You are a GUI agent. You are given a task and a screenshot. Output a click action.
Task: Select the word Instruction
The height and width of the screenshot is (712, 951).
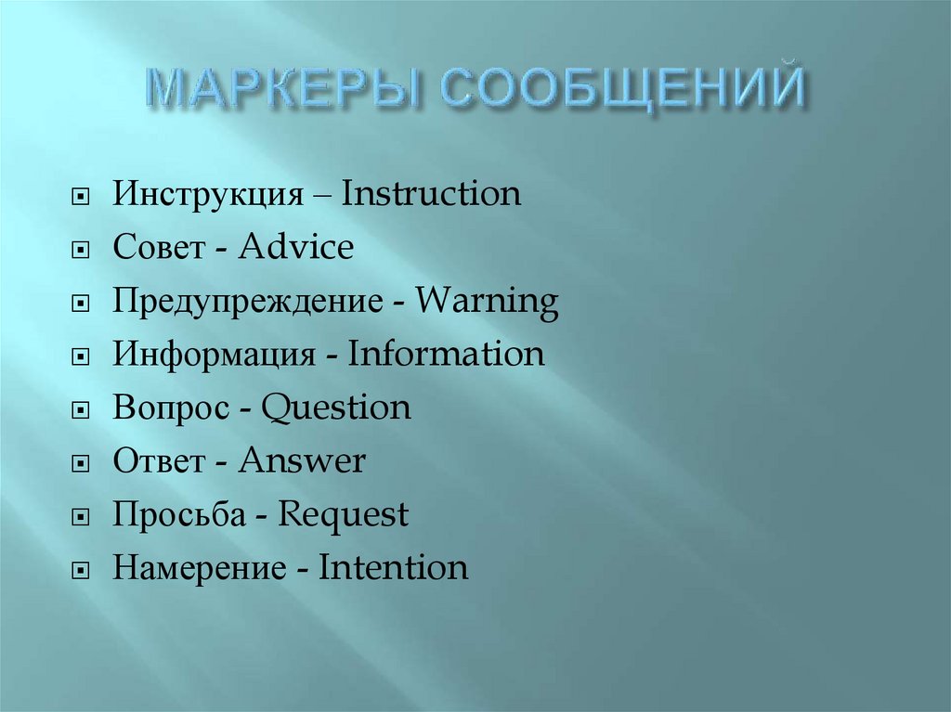tap(431, 195)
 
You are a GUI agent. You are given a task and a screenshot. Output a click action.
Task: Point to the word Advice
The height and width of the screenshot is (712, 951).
tap(295, 248)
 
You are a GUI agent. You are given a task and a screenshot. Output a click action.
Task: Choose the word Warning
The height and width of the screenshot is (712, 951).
tap(487, 302)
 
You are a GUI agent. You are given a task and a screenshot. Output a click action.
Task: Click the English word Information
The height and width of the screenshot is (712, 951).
tap(446, 355)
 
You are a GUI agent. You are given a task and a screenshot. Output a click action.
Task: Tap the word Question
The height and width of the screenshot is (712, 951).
tap(336, 408)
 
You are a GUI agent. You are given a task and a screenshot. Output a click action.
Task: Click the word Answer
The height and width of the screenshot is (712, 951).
tap(302, 461)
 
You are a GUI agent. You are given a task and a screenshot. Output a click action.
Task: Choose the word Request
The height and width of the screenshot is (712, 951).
tap(344, 515)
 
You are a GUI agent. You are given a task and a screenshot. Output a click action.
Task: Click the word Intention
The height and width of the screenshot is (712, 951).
tap(394, 568)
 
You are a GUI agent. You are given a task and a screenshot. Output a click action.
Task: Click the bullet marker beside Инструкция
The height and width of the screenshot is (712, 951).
tap(83, 198)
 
